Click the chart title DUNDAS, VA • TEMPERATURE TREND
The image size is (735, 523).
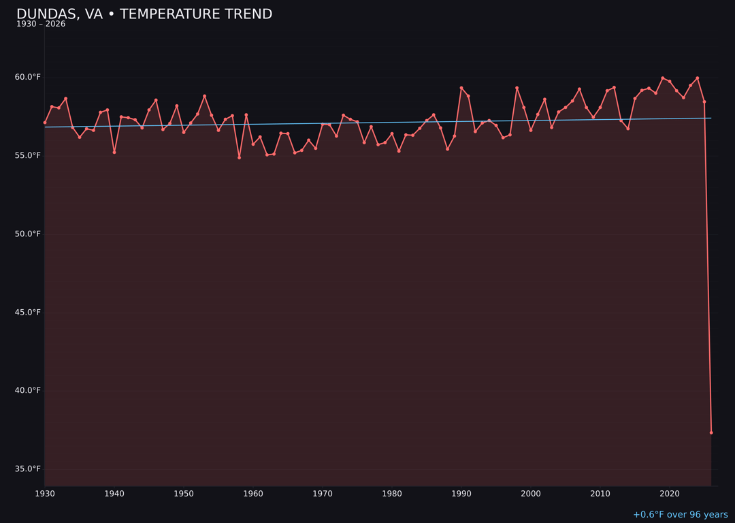(144, 14)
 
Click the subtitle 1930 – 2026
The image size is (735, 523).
(41, 25)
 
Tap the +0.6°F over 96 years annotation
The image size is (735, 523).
(680, 515)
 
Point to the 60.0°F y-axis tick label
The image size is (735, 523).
(28, 77)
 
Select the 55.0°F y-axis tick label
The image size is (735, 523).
(28, 155)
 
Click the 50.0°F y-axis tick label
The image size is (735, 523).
(28, 234)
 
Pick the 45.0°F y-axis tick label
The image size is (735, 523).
(28, 312)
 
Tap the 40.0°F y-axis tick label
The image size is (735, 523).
(28, 390)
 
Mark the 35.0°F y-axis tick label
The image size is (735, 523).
(28, 469)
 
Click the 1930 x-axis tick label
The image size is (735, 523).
(45, 494)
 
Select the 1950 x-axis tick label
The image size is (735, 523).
(184, 494)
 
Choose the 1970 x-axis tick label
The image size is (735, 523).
(323, 494)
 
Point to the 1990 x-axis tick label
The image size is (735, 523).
(461, 494)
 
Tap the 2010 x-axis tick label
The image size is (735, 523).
(600, 494)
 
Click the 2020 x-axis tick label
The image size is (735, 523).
(670, 494)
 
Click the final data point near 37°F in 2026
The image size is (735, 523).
(711, 432)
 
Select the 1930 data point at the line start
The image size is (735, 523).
(45, 123)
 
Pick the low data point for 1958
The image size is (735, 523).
(239, 157)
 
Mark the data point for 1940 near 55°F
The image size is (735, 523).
(114, 152)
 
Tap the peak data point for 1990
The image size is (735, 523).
(461, 88)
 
